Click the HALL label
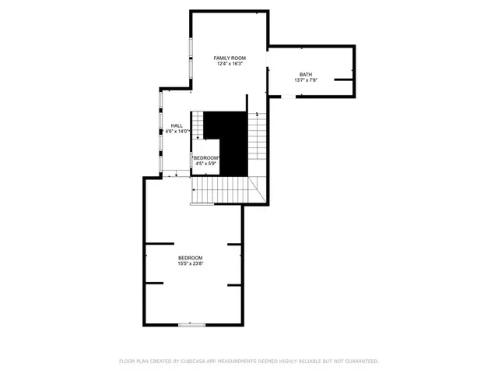[x=177, y=125]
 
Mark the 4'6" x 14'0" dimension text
[x=177, y=131]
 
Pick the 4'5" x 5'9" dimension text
[x=206, y=163]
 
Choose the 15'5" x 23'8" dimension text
[x=190, y=264]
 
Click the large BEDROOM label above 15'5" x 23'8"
[x=190, y=259]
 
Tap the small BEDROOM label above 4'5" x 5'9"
[x=206, y=157]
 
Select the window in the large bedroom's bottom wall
[x=191, y=324]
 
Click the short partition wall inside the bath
[x=343, y=79]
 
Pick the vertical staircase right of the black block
[x=257, y=144]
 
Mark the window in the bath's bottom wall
[x=289, y=97]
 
